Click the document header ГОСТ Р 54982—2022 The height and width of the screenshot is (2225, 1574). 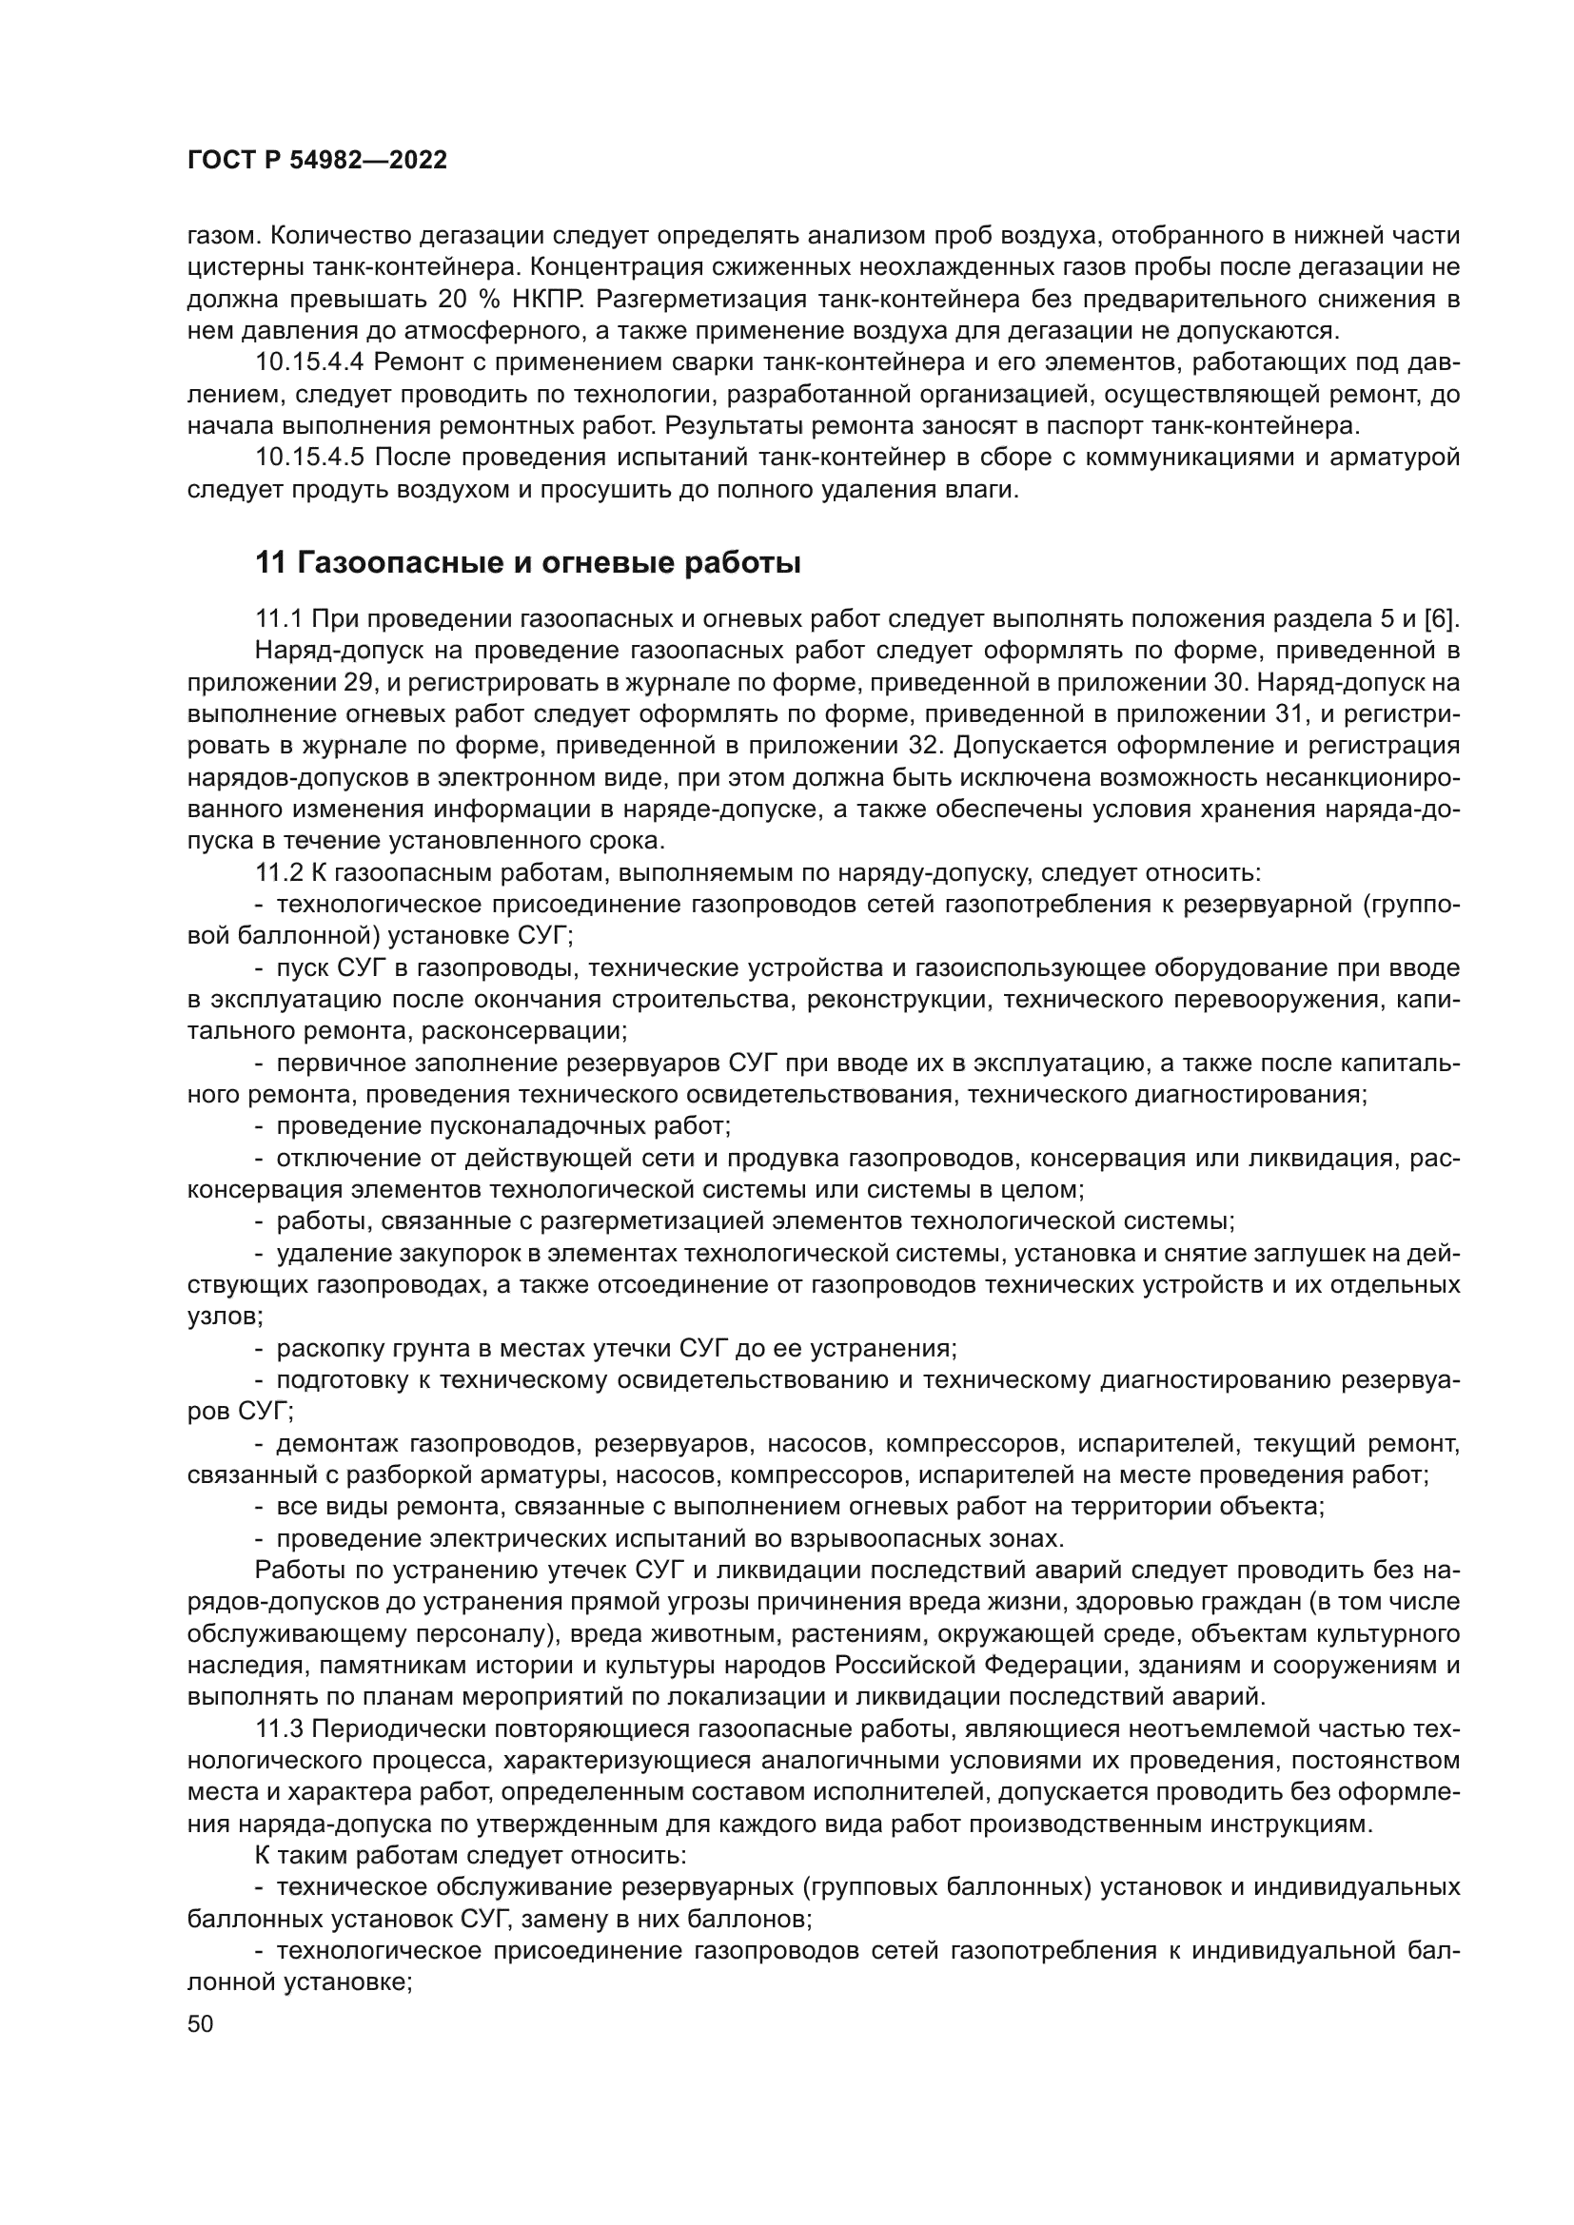[317, 161]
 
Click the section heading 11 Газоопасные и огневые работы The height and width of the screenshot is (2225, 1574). [527, 563]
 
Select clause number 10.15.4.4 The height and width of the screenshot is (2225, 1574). [309, 362]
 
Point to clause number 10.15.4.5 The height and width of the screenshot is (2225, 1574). [309, 458]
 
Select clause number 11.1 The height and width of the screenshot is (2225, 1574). [279, 618]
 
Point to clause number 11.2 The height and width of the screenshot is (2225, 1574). [279, 872]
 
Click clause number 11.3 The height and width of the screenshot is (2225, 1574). [279, 1729]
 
